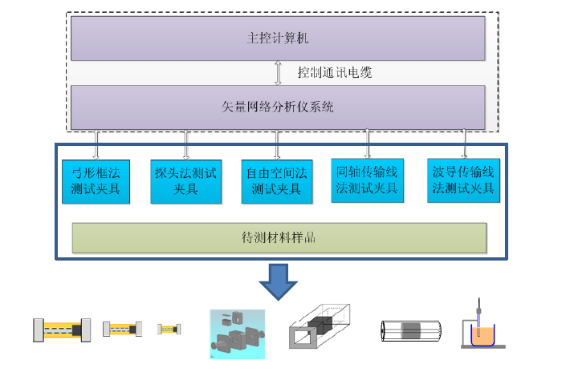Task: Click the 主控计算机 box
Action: coord(278,38)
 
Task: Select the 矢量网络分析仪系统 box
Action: coord(278,106)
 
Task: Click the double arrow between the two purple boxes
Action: coord(278,72)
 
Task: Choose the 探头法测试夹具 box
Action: coord(185,181)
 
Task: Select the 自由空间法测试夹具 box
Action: coord(277,181)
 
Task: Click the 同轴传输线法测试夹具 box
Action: coord(369,180)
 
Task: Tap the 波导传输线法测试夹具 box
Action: coord(463,180)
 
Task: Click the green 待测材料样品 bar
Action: coord(278,238)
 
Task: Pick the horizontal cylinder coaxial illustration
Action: coord(410,331)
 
